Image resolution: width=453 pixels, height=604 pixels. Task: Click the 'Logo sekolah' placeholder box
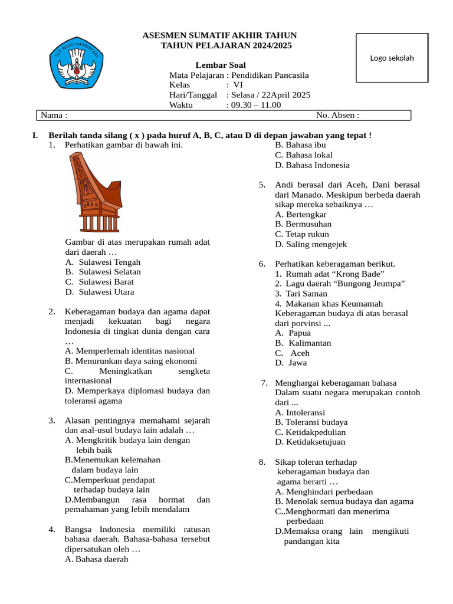click(x=392, y=58)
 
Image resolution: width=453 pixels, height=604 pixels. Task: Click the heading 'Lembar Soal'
click(x=221, y=65)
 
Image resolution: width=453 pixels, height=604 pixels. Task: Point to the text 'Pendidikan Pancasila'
click(x=270, y=75)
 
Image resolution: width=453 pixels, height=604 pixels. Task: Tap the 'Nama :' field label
click(x=53, y=115)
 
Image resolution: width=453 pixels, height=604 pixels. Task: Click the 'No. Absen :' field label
click(x=337, y=115)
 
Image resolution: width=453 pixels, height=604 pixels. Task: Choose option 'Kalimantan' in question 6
click(x=310, y=343)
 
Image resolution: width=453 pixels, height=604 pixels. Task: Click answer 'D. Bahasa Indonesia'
click(x=312, y=165)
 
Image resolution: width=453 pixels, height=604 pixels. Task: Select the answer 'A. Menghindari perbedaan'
click(x=324, y=491)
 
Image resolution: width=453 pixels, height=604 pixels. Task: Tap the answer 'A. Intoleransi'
click(x=300, y=412)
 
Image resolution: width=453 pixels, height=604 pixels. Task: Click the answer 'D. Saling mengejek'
click(x=311, y=244)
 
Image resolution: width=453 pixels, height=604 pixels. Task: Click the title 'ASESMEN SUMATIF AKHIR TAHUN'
click(x=220, y=36)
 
